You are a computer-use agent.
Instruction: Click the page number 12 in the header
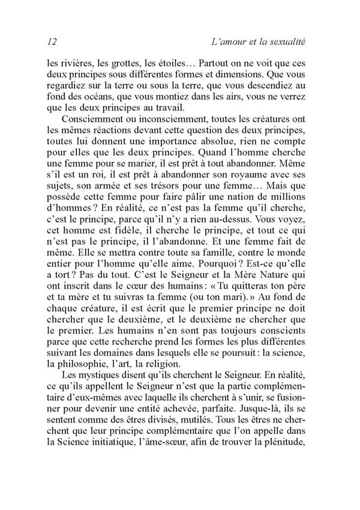pyautogui.click(x=51, y=42)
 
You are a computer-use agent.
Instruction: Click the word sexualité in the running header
pyautogui.click(x=286, y=42)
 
